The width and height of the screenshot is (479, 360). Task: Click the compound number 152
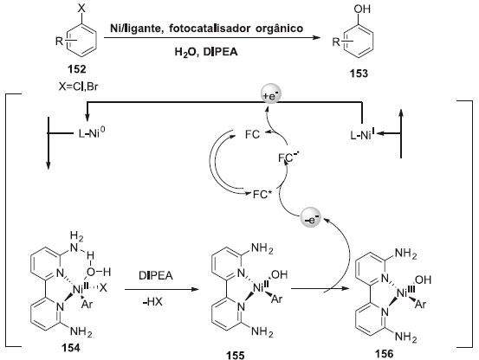(x=77, y=69)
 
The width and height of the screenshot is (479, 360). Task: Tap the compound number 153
(x=359, y=74)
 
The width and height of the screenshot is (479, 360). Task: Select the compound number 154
(x=71, y=348)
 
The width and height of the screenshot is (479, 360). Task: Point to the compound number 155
(x=236, y=355)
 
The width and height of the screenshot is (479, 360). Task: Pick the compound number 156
(x=385, y=353)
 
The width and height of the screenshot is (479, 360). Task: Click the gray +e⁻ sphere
(x=270, y=95)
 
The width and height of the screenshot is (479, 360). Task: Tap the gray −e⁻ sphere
(x=310, y=218)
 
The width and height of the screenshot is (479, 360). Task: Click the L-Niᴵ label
(x=363, y=134)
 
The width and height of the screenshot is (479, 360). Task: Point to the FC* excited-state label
(x=262, y=194)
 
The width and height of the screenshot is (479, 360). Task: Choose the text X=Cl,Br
(x=78, y=87)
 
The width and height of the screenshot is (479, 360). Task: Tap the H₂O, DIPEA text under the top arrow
(x=206, y=52)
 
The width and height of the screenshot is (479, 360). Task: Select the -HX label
(x=152, y=302)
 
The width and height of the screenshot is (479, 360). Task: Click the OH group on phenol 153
(x=362, y=10)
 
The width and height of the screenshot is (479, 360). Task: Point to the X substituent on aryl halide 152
(x=81, y=9)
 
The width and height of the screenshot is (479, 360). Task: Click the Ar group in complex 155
(x=276, y=299)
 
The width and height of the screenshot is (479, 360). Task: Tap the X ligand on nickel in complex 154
(x=104, y=287)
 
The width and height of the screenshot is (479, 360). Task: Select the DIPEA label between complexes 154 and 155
(x=156, y=275)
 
